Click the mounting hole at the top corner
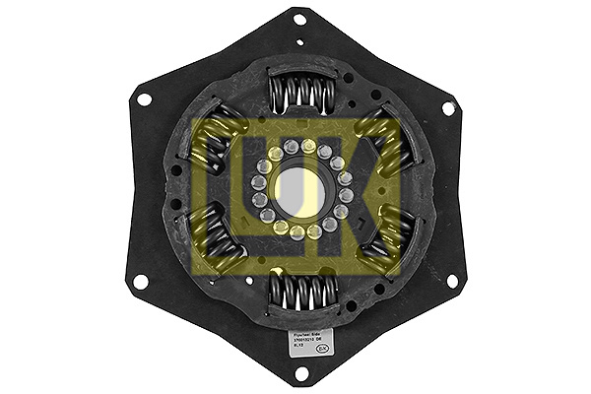tap(299, 19)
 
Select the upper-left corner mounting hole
tap(144, 99)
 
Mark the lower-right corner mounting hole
tap(452, 281)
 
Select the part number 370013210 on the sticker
tap(297, 341)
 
